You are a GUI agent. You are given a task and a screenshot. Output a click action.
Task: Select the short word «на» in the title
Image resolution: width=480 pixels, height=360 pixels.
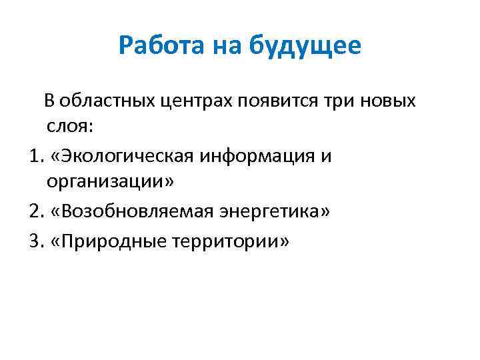[x=226, y=46]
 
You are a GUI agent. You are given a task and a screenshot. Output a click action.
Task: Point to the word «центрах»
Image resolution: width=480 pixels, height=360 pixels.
[x=190, y=101]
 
